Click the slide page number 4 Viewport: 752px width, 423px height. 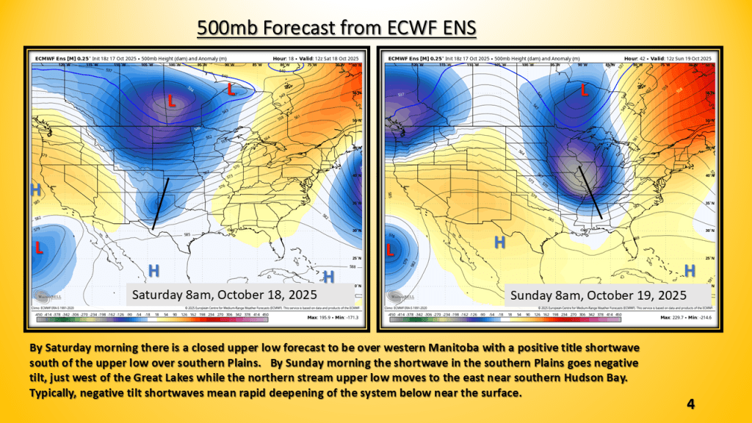coord(691,403)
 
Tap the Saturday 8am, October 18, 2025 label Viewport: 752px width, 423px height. coord(224,294)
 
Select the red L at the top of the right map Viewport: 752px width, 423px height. coord(585,90)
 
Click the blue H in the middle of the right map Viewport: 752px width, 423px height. coord(499,243)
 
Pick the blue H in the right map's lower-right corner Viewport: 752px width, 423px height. coord(690,271)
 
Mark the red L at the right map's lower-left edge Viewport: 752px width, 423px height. coord(390,250)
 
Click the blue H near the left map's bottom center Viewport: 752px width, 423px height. coord(154,270)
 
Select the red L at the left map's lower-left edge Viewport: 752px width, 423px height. coord(38,248)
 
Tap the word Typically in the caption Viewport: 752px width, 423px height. coord(54,393)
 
